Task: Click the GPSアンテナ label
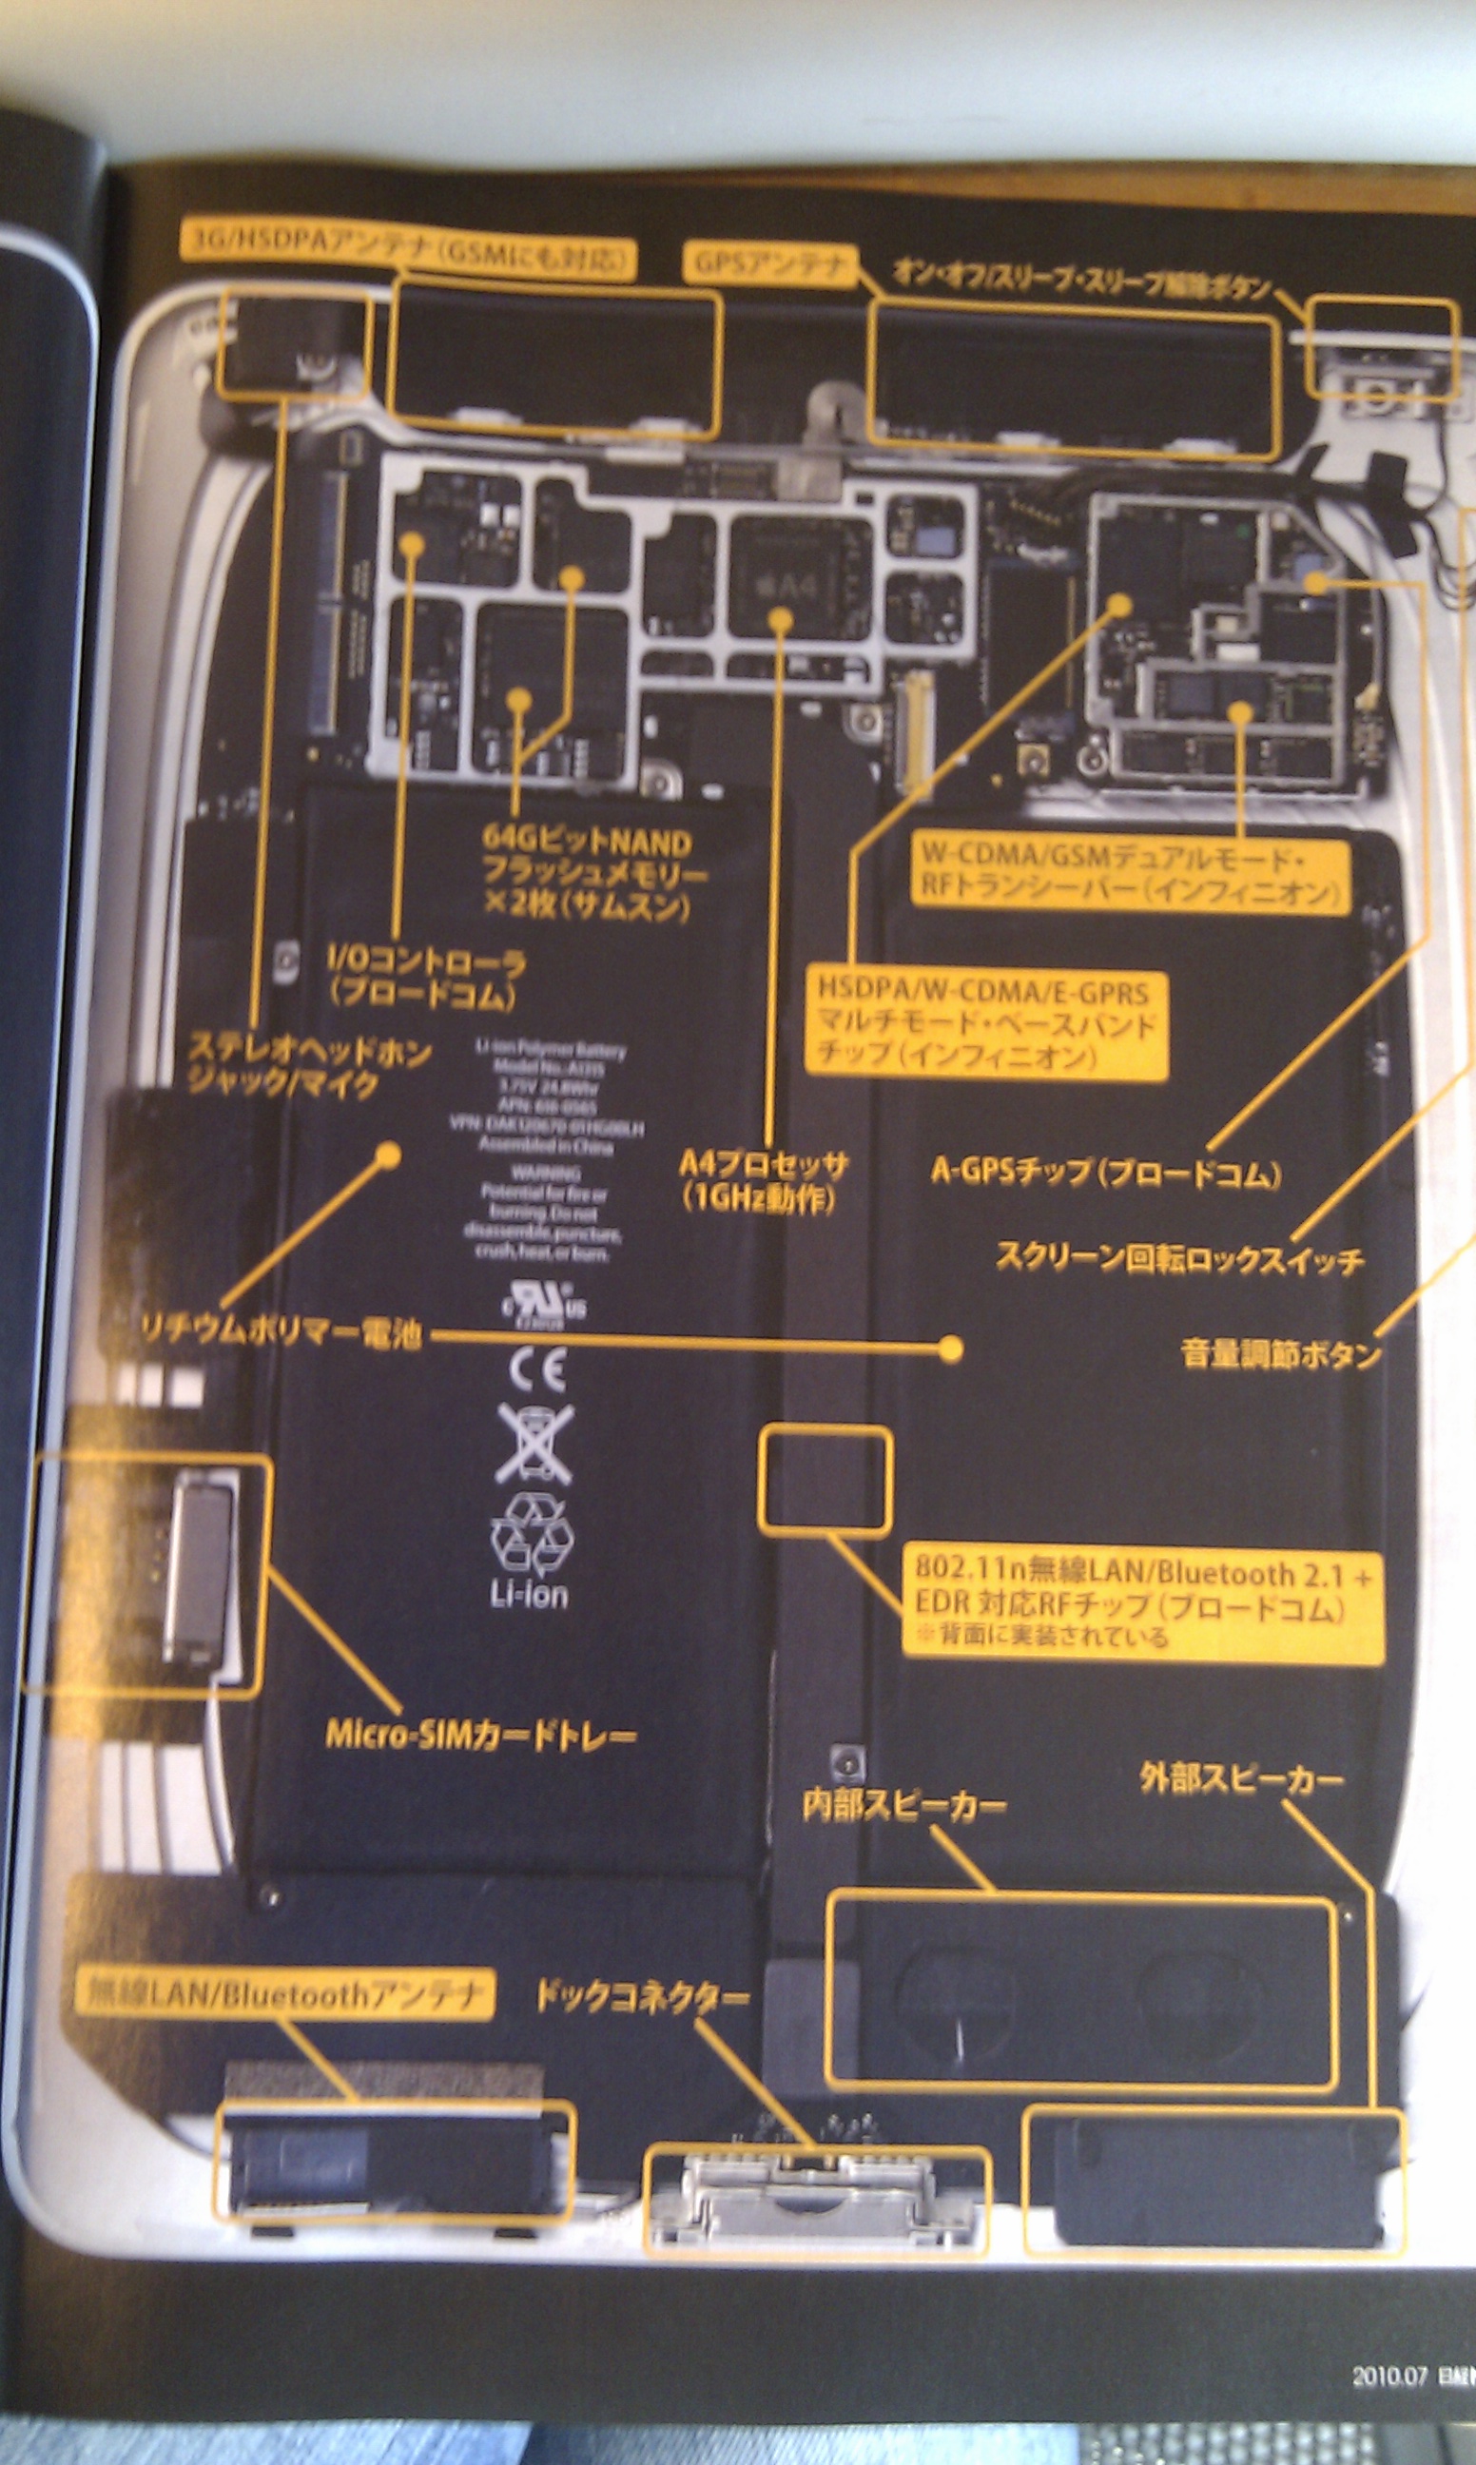(771, 263)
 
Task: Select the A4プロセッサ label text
(763, 1180)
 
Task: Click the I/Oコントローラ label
(428, 977)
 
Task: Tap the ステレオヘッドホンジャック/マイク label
(309, 1065)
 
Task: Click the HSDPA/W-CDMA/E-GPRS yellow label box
(984, 1023)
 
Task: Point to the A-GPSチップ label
(1105, 1174)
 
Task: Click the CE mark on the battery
(537, 1370)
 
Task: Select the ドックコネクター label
(642, 1994)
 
